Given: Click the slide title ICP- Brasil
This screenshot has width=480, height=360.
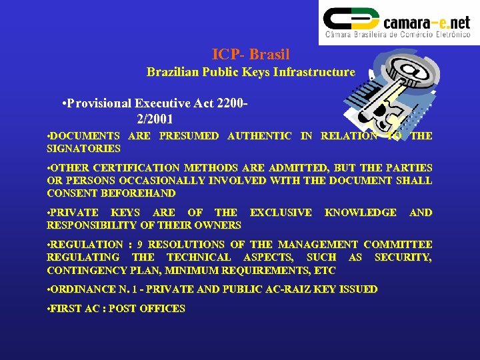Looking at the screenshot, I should (x=251, y=54).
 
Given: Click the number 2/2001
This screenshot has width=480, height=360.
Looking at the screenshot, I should (x=155, y=119).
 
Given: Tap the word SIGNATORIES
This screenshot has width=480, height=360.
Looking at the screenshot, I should (x=84, y=149).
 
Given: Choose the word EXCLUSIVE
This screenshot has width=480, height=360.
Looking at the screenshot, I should (x=280, y=213).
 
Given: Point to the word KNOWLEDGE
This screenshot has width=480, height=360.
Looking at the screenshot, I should (x=360, y=213).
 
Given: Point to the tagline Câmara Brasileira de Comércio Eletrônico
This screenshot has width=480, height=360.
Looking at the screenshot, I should (x=397, y=34).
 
